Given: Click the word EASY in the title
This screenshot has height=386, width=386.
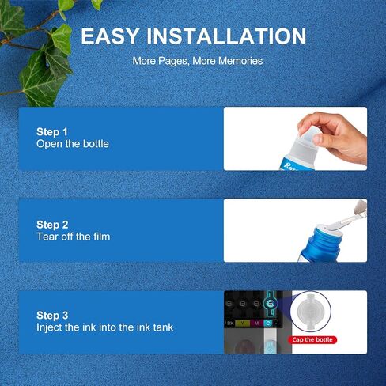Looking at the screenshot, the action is click(x=110, y=36).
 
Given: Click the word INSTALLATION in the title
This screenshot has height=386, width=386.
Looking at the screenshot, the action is click(x=226, y=36).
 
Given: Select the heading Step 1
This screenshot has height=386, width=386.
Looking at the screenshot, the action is click(x=52, y=132).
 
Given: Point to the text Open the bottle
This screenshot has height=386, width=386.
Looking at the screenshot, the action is click(x=73, y=144).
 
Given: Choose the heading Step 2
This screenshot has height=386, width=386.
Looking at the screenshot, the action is click(x=52, y=225).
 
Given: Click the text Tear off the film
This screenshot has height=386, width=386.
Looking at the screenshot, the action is click(x=73, y=237).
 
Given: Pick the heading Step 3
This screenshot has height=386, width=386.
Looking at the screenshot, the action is click(x=52, y=316).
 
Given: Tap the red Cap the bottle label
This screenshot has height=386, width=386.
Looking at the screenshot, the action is click(x=312, y=340).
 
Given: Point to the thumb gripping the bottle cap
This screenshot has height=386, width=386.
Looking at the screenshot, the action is click(x=321, y=139).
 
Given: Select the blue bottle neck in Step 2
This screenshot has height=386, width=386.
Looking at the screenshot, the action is click(x=326, y=237).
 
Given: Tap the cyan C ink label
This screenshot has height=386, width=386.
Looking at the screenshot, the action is click(x=268, y=323).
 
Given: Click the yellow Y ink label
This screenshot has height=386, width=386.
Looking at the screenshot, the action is click(x=242, y=323).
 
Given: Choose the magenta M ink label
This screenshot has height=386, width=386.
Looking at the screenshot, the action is click(x=256, y=323).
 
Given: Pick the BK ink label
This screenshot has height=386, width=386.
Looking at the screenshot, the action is click(x=230, y=323).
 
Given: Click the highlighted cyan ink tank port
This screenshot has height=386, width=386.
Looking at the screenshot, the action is click(x=270, y=304).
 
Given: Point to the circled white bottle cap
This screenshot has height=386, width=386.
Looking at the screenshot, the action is click(x=310, y=311).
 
